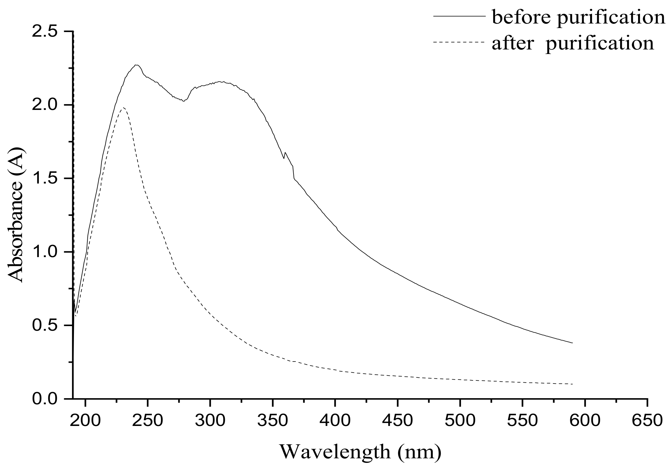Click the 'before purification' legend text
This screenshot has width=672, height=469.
point(578,17)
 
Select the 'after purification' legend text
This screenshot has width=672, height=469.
point(573,43)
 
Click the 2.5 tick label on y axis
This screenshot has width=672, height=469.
point(44,32)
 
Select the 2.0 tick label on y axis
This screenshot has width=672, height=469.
point(44,105)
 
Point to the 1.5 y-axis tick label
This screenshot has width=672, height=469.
point(44,179)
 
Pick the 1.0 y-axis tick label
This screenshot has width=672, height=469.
point(44,252)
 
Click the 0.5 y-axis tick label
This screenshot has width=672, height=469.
point(44,326)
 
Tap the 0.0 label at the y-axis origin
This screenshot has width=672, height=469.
point(44,399)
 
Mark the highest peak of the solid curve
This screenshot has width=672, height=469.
point(136,65)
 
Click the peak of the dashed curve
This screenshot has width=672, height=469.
point(123,107)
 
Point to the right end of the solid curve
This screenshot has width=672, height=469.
point(572,343)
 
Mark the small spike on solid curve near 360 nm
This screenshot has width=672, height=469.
point(285,153)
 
